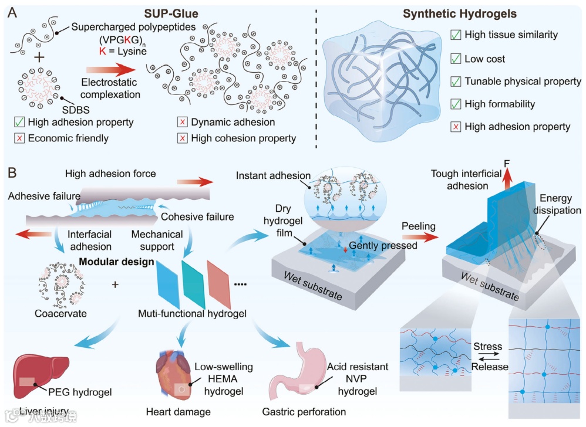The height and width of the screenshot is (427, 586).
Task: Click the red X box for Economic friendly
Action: (20, 138)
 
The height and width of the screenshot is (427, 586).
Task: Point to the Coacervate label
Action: (60, 313)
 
